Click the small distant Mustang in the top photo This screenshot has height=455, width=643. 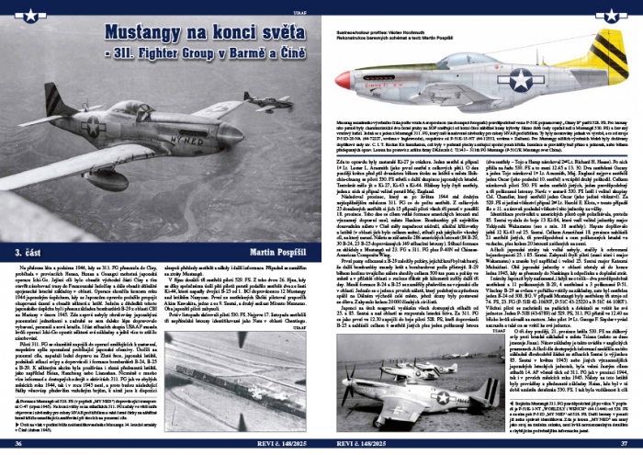point(267,102)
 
